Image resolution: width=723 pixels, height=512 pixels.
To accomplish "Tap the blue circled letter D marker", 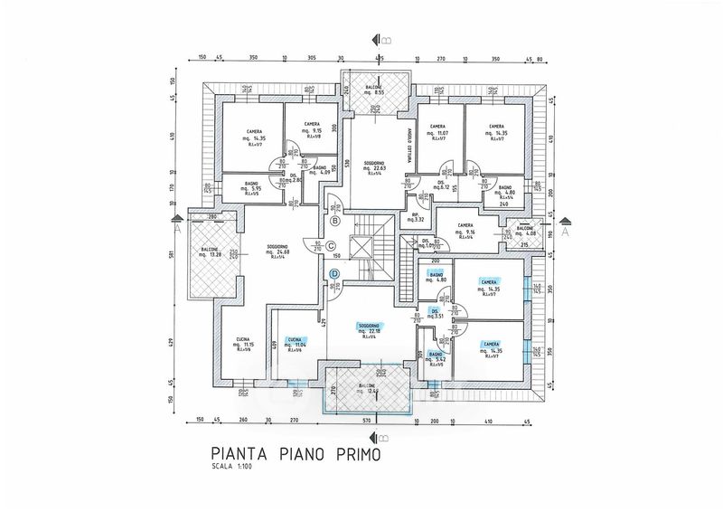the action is [334, 273].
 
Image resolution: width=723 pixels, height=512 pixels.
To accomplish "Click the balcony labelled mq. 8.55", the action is [374, 90].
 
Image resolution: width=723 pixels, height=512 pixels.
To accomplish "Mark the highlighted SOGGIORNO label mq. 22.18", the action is [368, 329].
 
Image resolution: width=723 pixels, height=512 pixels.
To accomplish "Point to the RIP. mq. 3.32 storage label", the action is [416, 217].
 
